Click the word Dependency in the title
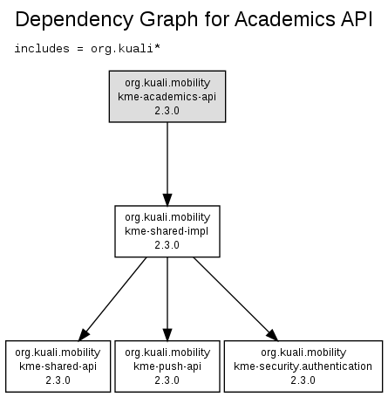pos(75,20)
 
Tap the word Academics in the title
pos(285,19)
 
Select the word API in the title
pos(357,19)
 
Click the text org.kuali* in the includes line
pos(126,49)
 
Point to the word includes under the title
pos(42,49)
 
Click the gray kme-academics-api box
pos(167,97)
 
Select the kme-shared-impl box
pos(167,231)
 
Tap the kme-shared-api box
pos(58,366)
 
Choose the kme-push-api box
pos(167,366)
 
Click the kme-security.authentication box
pos(303,366)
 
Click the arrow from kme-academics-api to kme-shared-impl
pos(167,164)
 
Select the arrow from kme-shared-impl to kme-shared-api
pos(112,299)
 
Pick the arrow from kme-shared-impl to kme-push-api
pos(167,299)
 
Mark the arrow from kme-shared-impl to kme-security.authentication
pos(235,299)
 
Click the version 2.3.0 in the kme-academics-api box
pos(167,111)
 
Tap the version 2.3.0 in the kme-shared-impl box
pos(167,245)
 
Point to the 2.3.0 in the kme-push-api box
pos(167,380)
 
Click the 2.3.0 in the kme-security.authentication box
pos(303,380)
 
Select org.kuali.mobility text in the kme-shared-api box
pos(58,353)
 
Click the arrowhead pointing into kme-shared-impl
pos(167,200)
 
